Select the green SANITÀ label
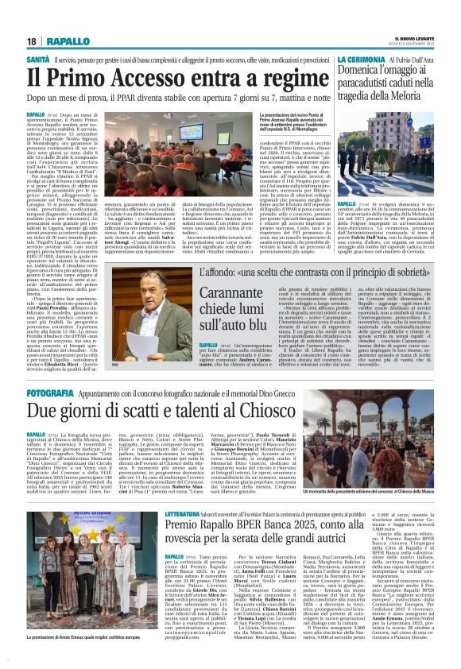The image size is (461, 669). [39, 60]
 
